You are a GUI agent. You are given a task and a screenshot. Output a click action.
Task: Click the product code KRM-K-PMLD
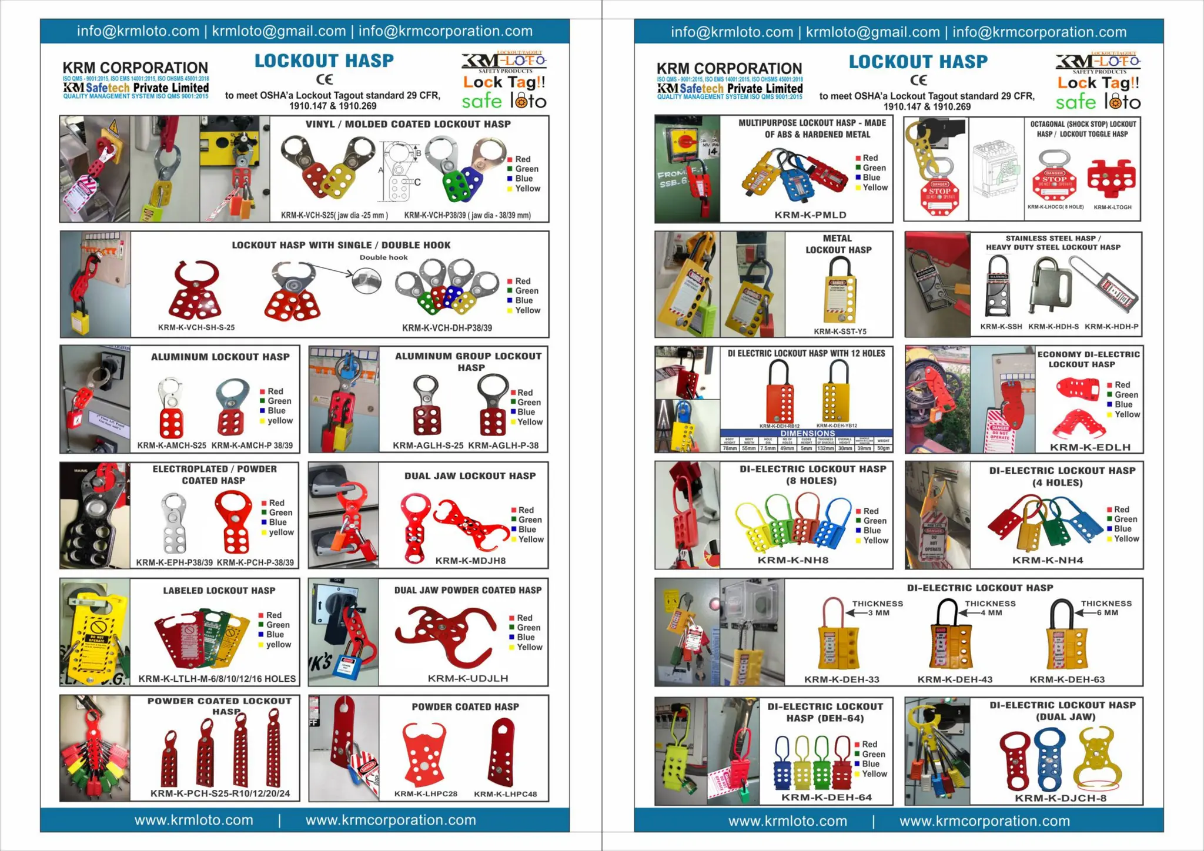[810, 215]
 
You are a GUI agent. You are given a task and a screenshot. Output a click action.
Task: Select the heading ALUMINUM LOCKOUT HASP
[220, 357]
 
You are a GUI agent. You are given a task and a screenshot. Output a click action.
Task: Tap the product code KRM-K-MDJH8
[470, 561]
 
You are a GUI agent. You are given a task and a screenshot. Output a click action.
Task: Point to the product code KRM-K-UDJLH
[468, 679]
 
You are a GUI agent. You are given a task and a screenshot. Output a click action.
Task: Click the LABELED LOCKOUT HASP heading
[219, 591]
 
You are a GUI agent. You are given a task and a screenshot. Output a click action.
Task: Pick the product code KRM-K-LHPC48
[505, 794]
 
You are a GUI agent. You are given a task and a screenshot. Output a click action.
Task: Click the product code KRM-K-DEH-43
[955, 680]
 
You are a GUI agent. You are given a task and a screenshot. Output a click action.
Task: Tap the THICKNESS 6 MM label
[1106, 608]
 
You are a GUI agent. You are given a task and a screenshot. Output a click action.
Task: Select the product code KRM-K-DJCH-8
[1061, 798]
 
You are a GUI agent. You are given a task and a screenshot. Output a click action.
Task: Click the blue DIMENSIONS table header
[807, 433]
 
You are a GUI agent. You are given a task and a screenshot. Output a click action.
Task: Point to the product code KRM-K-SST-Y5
[840, 331]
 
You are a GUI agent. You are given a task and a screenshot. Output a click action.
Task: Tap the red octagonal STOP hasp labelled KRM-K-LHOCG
[1054, 182]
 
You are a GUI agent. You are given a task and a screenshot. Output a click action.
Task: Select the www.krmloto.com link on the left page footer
[193, 820]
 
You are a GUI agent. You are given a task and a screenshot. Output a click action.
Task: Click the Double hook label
[383, 257]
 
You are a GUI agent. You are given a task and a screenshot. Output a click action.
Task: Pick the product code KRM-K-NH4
[1047, 561]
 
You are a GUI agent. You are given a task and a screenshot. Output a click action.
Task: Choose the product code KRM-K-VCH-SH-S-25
[196, 328]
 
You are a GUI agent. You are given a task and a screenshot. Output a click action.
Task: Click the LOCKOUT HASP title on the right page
[918, 62]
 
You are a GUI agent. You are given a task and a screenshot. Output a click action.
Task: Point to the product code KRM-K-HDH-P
[1111, 327]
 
